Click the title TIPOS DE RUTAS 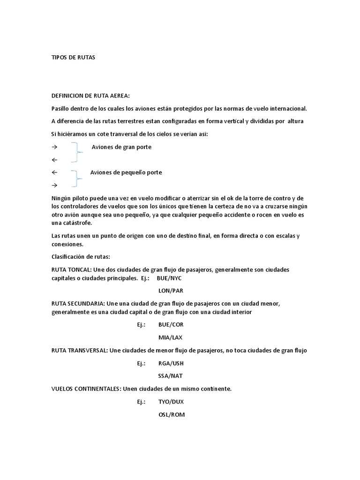coord(73,57)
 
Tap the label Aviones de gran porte coord(121,147)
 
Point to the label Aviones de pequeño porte coord(126,172)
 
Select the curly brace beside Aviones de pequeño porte coord(76,179)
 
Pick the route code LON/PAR coord(171,291)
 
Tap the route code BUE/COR coord(171,324)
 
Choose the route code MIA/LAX coord(170,337)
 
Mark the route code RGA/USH coord(171,363)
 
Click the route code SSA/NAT coord(171,376)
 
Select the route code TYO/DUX coord(171,402)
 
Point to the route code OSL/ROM coord(172,414)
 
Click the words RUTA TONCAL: coord(72,270)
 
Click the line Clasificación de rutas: coord(80,257)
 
